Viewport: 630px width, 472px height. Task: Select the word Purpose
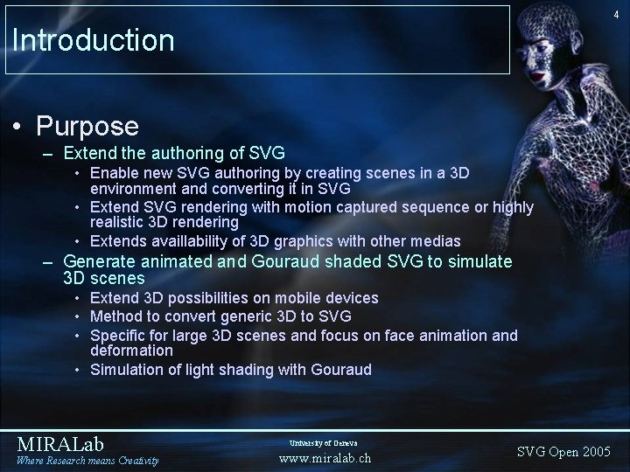(x=87, y=126)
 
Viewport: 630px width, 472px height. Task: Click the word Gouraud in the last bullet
(x=341, y=370)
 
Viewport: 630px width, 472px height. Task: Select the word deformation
(x=132, y=350)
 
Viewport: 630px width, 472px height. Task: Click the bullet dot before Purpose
(x=18, y=127)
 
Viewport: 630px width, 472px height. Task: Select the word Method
(x=115, y=316)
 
